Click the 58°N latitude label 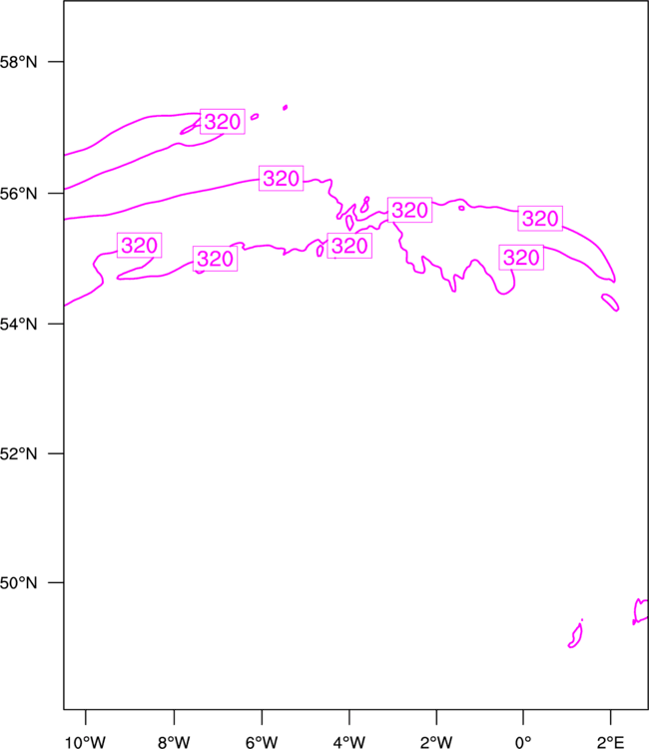[18, 62]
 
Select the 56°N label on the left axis [18, 194]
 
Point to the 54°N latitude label [18, 325]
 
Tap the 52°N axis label [18, 453]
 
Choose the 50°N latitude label [18, 583]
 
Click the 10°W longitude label [85, 742]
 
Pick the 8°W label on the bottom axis [174, 742]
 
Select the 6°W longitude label [262, 742]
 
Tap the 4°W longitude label [349, 742]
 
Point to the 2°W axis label [436, 742]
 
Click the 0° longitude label [523, 742]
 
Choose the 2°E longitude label [610, 742]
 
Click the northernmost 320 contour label [223, 121]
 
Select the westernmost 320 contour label [140, 245]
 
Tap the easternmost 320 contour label [540, 219]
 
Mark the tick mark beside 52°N [56, 453]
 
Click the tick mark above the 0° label [523, 717]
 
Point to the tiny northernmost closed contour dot [286, 108]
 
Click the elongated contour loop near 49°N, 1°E [575, 634]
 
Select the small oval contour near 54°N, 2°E [610, 303]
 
